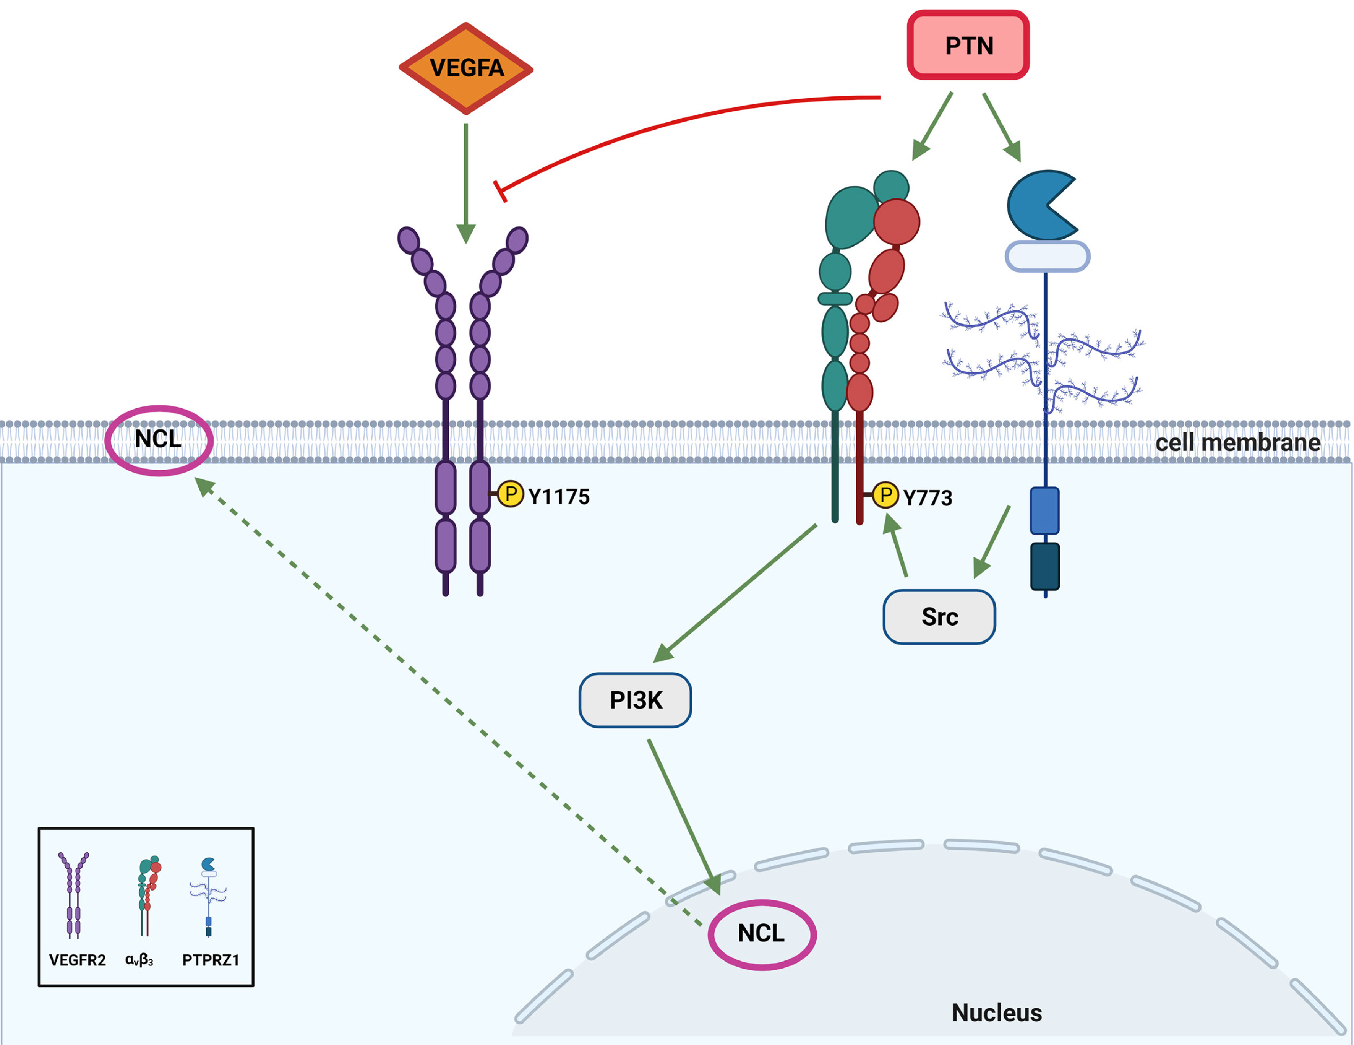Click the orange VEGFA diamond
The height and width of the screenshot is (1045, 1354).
pos(465,68)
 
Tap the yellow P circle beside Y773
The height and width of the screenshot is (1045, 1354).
pos(885,495)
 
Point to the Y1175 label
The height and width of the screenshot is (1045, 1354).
pos(559,497)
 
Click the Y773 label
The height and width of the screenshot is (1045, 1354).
pos(928,498)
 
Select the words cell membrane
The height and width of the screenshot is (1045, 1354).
pos(1237,443)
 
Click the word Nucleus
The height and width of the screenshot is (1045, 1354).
pos(996,1013)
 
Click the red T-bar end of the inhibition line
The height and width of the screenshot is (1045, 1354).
pos(500,191)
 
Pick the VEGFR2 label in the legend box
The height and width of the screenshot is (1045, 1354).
pos(78,960)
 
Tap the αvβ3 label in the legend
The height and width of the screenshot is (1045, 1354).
pos(139,960)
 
